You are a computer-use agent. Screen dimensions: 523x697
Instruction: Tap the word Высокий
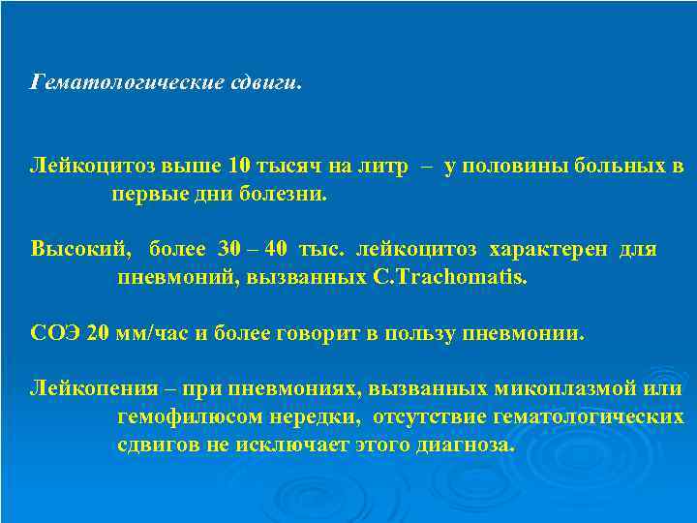[x=79, y=250]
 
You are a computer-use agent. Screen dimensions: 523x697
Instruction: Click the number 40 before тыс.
[x=276, y=250]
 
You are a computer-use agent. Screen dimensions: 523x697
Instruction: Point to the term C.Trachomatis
[x=451, y=278]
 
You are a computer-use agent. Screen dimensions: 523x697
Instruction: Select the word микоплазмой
[x=576, y=389]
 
